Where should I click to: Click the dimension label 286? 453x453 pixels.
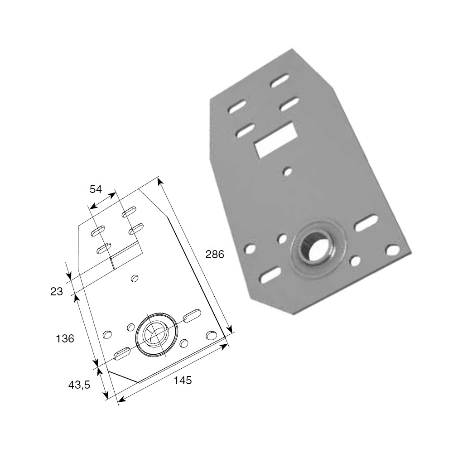pos(215,254)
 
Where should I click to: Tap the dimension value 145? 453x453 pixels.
pos(183,380)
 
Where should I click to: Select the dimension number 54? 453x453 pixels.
pos(96,189)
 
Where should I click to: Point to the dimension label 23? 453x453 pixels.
pos(56,291)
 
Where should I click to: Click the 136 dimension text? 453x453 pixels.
pos(65,338)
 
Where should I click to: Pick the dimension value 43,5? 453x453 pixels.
pos(79,385)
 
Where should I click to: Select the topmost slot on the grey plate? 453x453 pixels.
pos(280,81)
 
